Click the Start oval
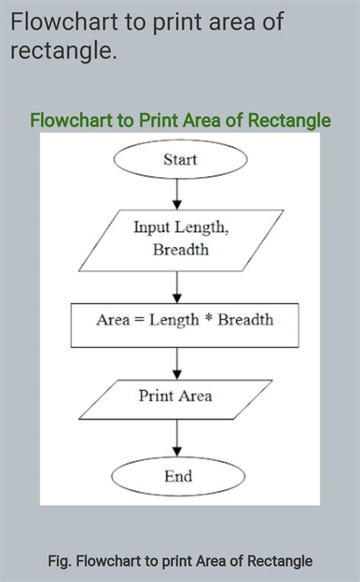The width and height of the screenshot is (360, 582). (180, 160)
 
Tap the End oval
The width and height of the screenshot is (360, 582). (178, 477)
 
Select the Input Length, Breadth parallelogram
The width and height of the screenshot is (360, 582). (181, 238)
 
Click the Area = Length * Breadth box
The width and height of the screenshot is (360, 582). (184, 321)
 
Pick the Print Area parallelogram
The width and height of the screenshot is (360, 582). (175, 396)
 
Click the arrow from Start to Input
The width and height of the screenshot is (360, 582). (178, 193)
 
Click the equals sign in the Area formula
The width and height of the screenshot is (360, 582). (139, 321)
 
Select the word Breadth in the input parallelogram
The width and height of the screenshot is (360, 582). (181, 249)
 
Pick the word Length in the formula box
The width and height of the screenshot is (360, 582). (173, 321)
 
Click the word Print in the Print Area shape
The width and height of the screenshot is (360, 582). (156, 396)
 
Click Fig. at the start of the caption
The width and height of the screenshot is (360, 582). (58, 561)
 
